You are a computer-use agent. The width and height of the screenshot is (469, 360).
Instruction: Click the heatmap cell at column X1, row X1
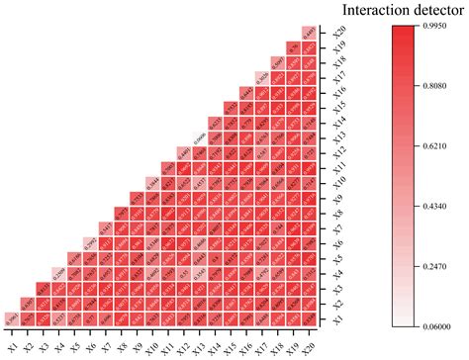point(12,318)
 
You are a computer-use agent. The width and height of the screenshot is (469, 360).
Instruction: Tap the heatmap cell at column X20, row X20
point(309,33)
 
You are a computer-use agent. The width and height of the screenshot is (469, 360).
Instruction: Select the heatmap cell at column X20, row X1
point(309,318)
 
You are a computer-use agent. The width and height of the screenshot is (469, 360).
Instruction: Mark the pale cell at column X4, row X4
point(58,273)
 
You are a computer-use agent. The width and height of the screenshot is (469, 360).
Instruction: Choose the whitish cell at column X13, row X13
point(199,137)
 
